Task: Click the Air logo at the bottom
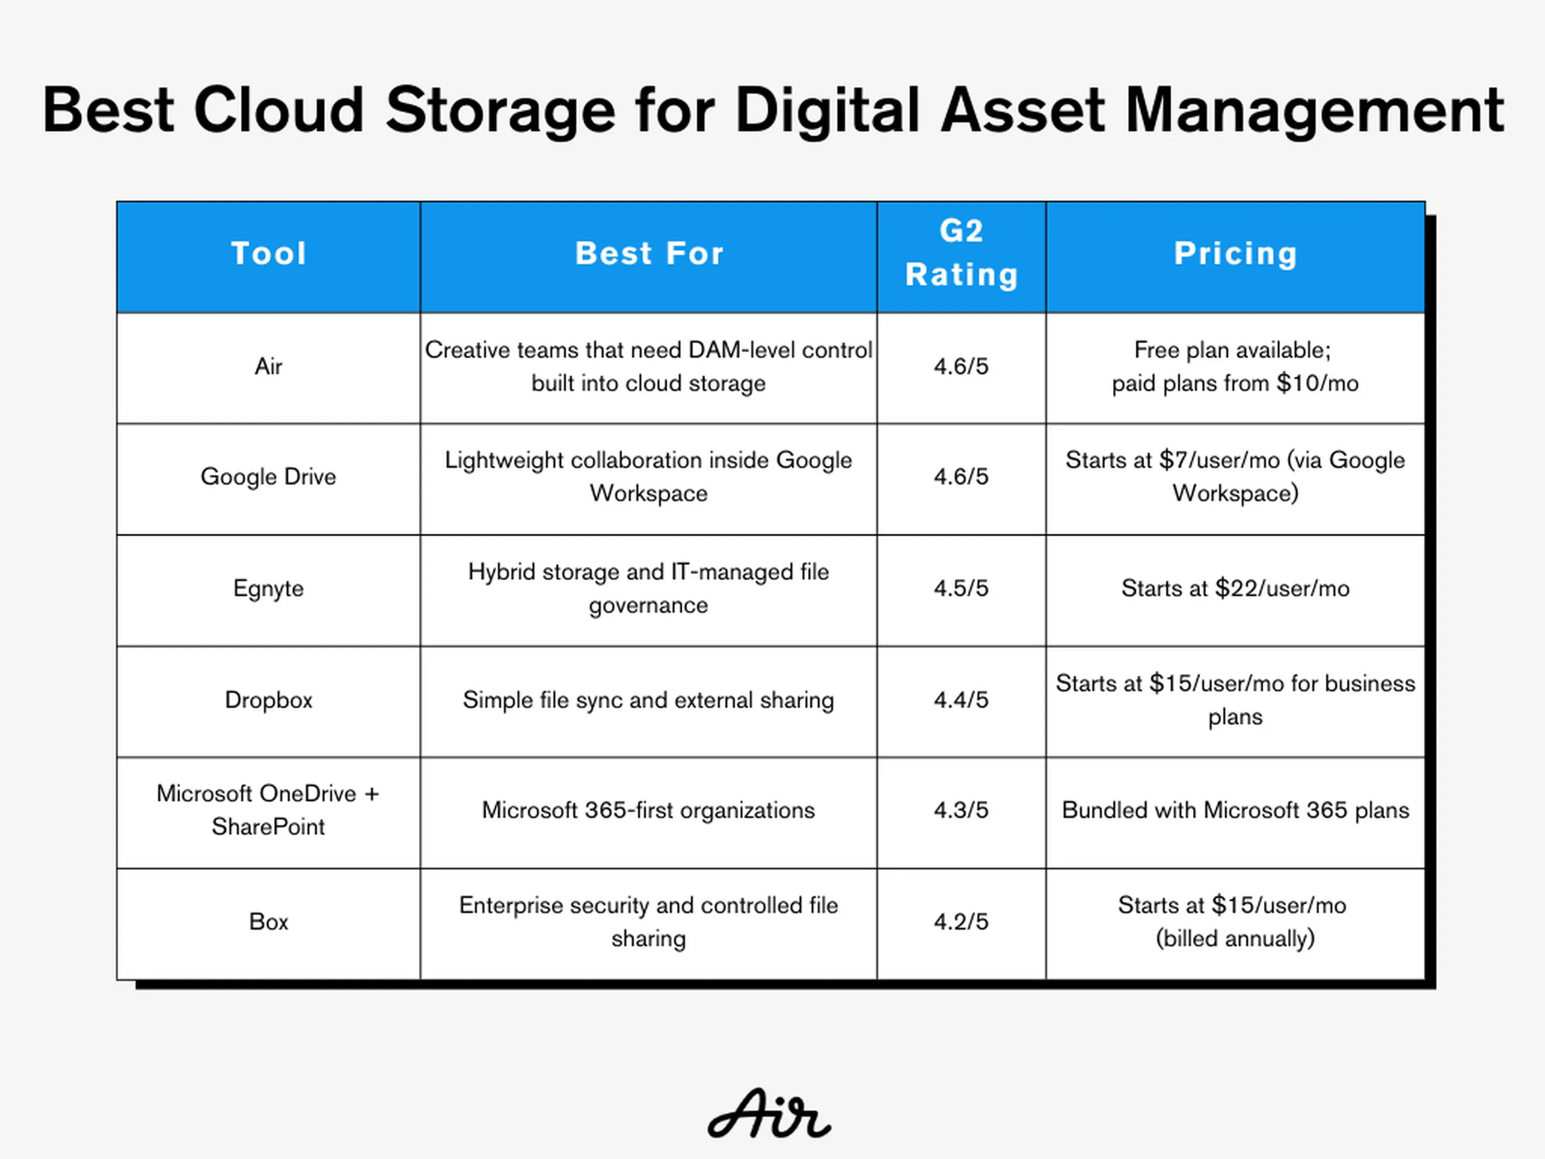pos(769,1113)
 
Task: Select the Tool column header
pos(269,253)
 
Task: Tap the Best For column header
pos(649,253)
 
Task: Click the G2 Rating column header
pos(962,252)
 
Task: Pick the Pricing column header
pos(1235,253)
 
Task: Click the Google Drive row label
pos(269,476)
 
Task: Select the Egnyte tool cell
pos(269,588)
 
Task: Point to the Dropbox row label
pos(269,700)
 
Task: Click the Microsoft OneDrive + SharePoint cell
pos(269,810)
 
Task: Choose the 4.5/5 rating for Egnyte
pos(962,588)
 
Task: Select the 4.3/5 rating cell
pos(962,810)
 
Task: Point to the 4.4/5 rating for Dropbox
pos(962,700)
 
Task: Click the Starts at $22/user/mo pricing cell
pos(1235,588)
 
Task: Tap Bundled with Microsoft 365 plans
pos(1235,810)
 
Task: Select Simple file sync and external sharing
pos(649,700)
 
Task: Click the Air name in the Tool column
pos(269,366)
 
